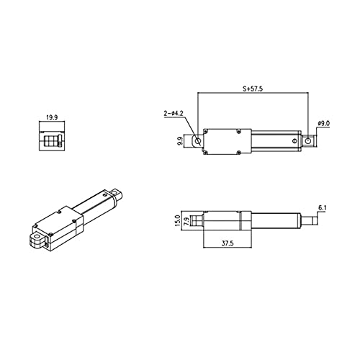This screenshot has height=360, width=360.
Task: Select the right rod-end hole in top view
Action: point(309,142)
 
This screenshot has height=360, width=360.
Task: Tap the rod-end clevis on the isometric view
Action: point(117,193)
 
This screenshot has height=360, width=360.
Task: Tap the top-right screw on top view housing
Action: point(248,132)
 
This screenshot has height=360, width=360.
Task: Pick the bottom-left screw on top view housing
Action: point(207,152)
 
